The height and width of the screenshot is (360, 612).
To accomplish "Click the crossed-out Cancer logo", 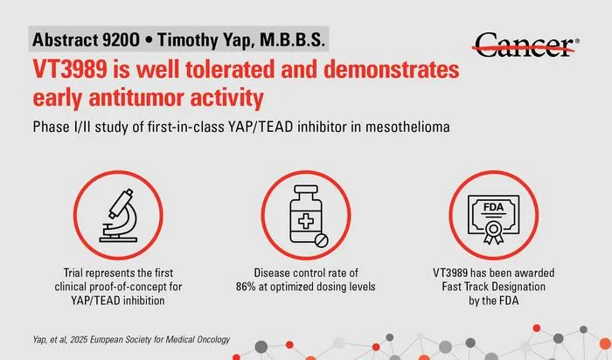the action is tap(525, 45).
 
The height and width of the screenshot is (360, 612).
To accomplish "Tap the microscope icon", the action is tap(118, 215).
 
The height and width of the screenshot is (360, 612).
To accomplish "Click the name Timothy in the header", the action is tap(186, 40).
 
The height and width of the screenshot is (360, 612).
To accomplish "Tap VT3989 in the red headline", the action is tap(70, 69).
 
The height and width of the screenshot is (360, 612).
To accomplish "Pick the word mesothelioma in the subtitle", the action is tap(407, 127).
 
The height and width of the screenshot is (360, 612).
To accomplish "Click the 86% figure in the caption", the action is tap(246, 287).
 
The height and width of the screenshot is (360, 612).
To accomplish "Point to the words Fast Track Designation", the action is tap(493, 287).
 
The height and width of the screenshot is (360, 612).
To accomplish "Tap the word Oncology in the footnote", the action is tap(213, 340).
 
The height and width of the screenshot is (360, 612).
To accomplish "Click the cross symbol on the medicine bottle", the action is tap(306, 222).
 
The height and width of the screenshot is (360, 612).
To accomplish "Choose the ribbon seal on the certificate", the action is tap(493, 232).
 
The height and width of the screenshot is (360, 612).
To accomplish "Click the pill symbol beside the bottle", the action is tap(321, 240).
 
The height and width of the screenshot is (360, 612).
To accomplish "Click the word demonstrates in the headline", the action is tap(392, 69).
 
